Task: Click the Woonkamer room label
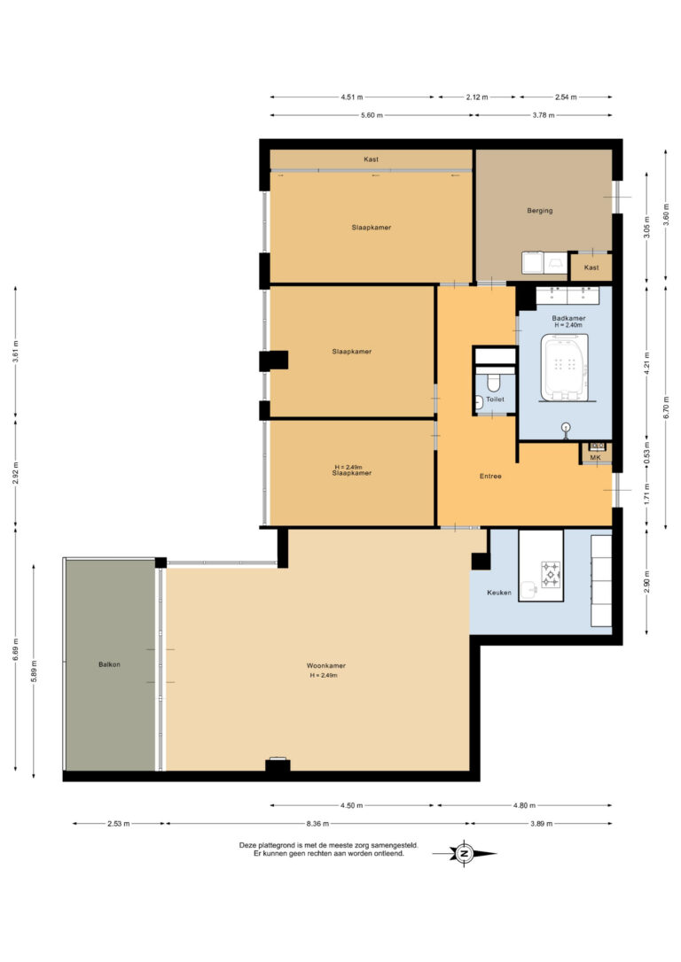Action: point(325,665)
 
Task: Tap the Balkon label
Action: point(109,664)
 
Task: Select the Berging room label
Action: point(539,210)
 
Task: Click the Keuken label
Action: point(499,593)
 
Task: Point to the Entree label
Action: point(490,477)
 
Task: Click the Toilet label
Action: point(496,400)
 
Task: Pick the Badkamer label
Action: point(567,317)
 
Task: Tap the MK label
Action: point(595,458)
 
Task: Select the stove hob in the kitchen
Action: point(552,575)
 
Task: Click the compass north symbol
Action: point(464,854)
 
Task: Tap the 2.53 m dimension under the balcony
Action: point(118,823)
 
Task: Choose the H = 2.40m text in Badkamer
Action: point(567,326)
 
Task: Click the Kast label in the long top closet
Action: point(371,159)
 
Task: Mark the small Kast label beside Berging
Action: point(591,268)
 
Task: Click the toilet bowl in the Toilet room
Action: point(494,383)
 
